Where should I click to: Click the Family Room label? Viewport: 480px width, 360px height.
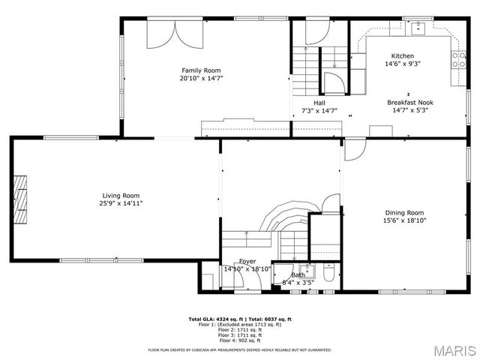(x=201, y=70)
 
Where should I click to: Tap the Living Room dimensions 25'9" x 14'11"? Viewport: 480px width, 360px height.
(x=121, y=202)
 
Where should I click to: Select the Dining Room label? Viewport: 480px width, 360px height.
(x=404, y=212)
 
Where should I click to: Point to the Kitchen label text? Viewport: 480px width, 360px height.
(x=402, y=56)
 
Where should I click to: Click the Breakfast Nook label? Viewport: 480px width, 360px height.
(x=410, y=102)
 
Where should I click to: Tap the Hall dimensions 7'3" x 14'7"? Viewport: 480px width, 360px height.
(x=319, y=110)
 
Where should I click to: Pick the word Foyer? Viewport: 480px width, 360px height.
(x=247, y=261)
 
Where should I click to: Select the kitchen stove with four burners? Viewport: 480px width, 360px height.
(x=457, y=60)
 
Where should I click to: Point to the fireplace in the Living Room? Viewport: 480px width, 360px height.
(x=23, y=199)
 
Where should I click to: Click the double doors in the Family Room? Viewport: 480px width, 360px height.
(x=176, y=32)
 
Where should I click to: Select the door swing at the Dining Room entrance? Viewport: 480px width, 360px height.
(x=352, y=151)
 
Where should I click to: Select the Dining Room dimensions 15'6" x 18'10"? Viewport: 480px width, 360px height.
(x=404, y=220)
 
